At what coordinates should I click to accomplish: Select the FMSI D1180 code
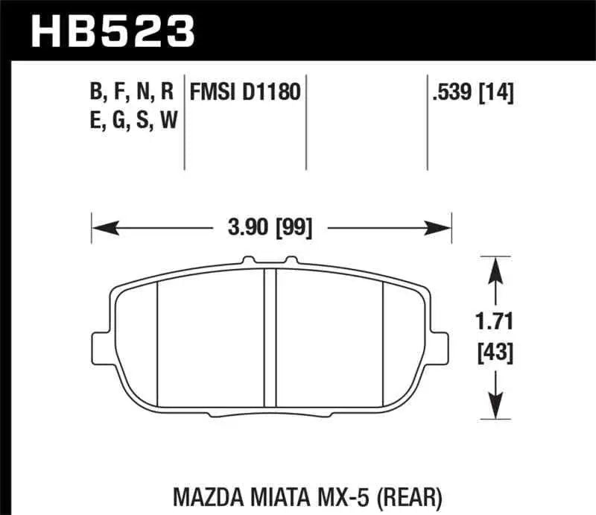[x=245, y=93]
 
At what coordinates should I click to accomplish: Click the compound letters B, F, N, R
[x=132, y=93]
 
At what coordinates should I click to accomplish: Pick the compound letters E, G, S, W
[x=132, y=119]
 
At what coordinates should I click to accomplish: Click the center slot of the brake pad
[x=271, y=335]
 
